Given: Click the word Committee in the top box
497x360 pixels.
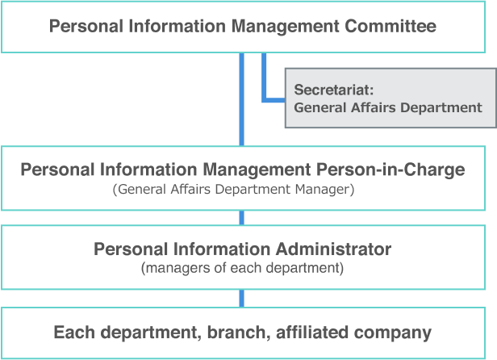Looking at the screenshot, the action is click(390, 26).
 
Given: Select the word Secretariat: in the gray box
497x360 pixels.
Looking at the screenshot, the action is click(334, 90).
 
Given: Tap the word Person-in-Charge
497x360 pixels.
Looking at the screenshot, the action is click(390, 170).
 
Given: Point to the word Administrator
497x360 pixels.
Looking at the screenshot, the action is click(333, 249).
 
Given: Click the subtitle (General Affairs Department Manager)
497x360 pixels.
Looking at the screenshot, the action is click(234, 190).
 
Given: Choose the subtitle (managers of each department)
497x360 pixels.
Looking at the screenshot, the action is click(243, 268).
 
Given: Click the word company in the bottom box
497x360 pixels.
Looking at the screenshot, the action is click(393, 333).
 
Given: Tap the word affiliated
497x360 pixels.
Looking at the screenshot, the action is click(312, 332).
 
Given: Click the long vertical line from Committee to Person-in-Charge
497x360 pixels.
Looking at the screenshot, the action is click(241, 99).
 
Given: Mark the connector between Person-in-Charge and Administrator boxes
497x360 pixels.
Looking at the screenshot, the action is click(241, 218).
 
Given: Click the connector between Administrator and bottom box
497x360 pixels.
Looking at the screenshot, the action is click(241, 298).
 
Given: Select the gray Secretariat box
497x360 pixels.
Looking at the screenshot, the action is click(390, 98).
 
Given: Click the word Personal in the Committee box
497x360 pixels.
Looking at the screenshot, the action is click(86, 26).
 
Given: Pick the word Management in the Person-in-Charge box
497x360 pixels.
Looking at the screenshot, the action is click(257, 170).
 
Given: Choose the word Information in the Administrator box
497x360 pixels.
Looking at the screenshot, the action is click(221, 249).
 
